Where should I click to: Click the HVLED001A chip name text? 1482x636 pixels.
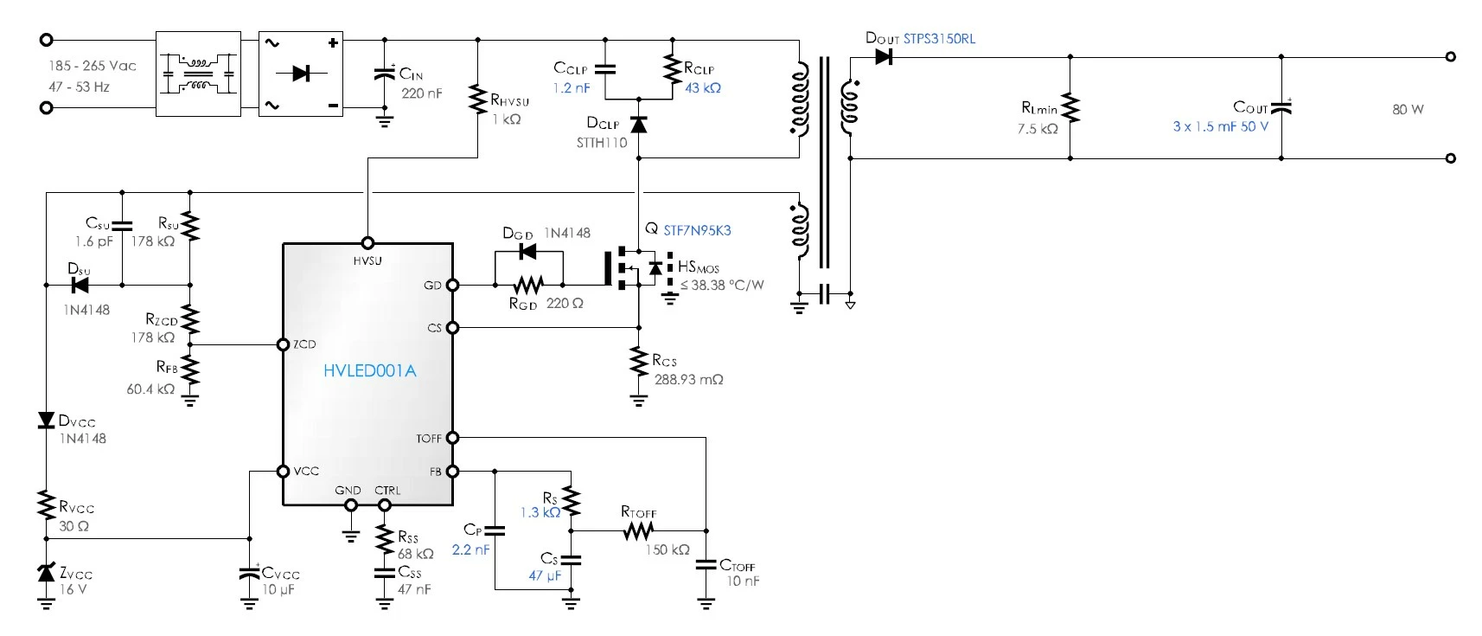370,370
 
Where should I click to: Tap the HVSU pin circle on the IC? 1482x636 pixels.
367,243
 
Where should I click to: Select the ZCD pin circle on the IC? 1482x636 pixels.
283,344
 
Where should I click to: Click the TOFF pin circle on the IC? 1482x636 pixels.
452,438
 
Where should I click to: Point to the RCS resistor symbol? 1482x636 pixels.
638,362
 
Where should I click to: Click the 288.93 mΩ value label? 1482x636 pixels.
689,380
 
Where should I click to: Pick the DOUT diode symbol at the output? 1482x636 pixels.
884,57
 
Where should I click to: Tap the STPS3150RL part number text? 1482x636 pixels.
940,38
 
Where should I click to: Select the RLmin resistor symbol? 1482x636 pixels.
1070,108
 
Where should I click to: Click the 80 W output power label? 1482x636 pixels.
1408,109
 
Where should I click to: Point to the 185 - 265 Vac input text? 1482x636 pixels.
92,66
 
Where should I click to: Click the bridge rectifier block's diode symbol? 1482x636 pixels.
301,73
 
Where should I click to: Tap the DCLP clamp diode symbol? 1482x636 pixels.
638,124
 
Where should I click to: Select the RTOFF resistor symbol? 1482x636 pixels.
638,530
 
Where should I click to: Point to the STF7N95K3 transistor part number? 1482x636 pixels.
697,230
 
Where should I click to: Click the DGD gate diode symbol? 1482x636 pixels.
528,252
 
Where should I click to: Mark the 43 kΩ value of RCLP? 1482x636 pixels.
703,88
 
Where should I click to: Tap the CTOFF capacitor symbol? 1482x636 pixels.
706,564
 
